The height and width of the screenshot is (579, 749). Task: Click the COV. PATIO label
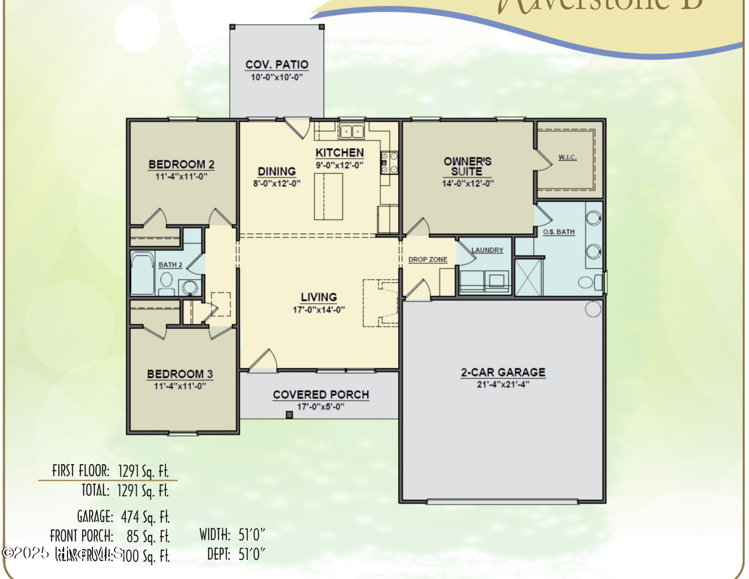click(277, 65)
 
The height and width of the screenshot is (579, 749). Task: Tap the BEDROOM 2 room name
click(181, 164)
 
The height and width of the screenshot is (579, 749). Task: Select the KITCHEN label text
click(339, 153)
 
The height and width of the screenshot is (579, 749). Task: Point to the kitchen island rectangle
click(328, 197)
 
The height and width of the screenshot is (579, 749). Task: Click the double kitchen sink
click(352, 132)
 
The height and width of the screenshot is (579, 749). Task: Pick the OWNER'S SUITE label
click(468, 166)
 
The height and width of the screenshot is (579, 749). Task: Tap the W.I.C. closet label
click(567, 157)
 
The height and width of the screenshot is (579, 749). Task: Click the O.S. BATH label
click(559, 232)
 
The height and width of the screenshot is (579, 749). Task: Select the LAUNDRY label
click(487, 250)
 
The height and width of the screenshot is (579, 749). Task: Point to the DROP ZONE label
click(428, 259)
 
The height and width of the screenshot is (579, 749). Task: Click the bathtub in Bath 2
click(142, 274)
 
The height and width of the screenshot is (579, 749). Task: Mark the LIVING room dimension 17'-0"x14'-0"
click(319, 310)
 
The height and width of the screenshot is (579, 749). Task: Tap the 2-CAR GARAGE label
click(503, 372)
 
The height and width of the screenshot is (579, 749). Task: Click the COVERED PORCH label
click(321, 395)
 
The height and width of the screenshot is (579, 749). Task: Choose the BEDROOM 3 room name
click(180, 374)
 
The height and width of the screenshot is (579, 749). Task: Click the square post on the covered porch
click(289, 415)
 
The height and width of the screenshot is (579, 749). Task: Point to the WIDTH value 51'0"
click(252, 534)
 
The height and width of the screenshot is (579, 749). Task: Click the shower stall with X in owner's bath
click(529, 277)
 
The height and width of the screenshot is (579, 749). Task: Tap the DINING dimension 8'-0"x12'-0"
click(277, 183)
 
